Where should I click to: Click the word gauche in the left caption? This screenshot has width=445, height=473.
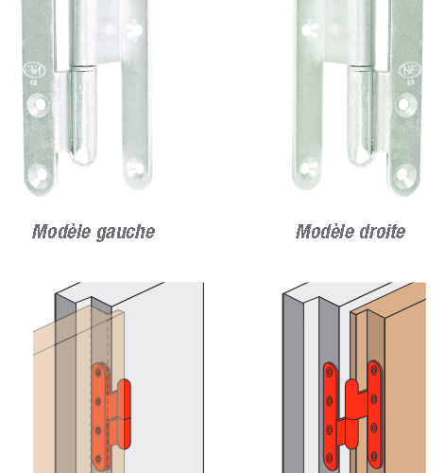click(x=126, y=233)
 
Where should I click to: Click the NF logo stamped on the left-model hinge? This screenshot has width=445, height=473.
click(x=35, y=70)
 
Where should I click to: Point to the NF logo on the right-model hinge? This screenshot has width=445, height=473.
click(x=410, y=70)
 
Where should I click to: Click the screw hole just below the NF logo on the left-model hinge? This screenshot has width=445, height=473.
click(x=38, y=104)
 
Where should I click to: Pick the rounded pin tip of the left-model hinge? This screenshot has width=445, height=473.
click(x=83, y=157)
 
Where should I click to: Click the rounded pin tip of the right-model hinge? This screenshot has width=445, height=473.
click(x=360, y=157)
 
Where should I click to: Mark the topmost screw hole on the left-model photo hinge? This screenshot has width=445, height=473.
click(x=134, y=29)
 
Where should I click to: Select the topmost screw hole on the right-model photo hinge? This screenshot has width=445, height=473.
click(x=311, y=29)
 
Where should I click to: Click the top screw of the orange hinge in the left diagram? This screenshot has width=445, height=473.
click(x=98, y=374)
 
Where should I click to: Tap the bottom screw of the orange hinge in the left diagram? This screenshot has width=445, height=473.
click(x=98, y=459)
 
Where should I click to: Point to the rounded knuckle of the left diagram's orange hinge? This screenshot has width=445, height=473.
click(x=124, y=414)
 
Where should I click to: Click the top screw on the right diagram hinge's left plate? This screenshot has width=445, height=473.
click(x=330, y=373)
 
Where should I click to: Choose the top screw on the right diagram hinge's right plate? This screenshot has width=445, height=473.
click(x=374, y=371)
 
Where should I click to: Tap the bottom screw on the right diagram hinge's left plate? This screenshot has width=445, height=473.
click(x=330, y=458)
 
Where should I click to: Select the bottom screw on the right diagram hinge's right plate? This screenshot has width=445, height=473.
click(x=374, y=456)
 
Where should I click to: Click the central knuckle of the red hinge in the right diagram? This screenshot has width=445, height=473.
click(x=351, y=413)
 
